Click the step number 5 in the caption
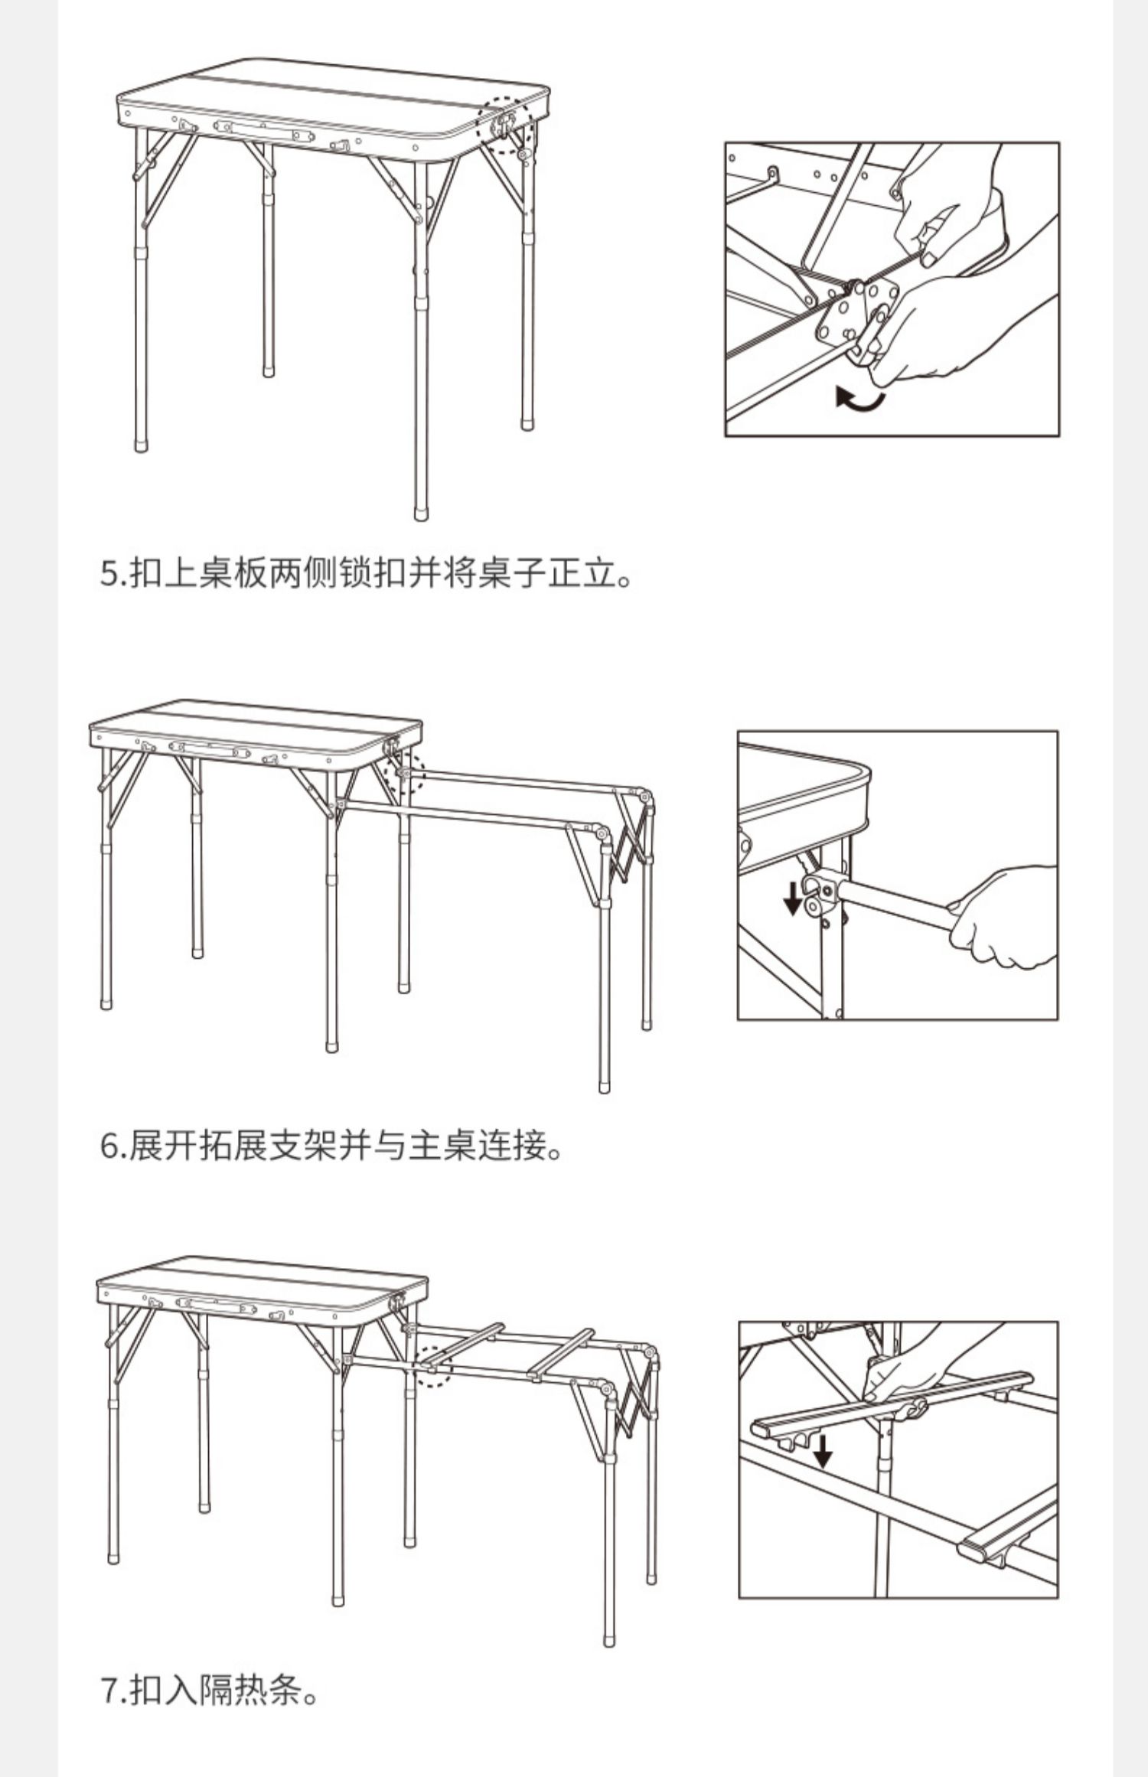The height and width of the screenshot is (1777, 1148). click(x=109, y=574)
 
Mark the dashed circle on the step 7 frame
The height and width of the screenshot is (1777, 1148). click(x=432, y=1365)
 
